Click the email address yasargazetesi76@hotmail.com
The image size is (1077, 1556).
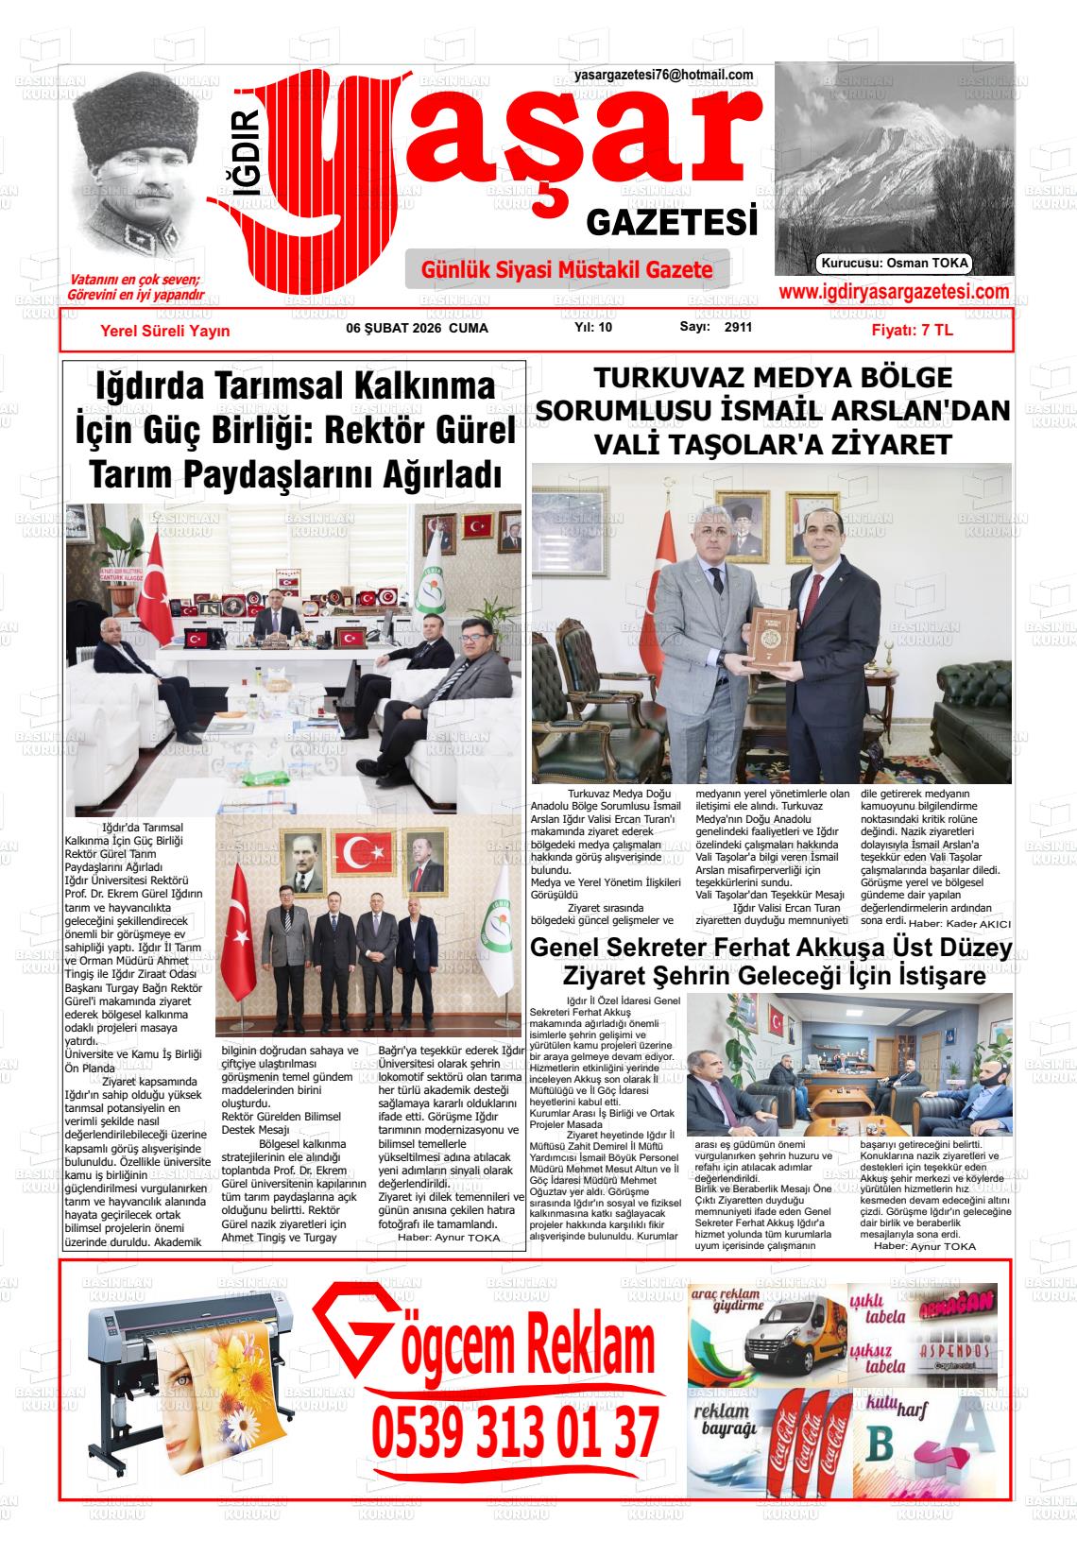(663, 76)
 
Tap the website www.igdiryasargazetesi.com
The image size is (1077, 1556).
(893, 293)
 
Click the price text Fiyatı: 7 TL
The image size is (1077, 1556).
(912, 331)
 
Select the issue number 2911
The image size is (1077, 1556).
(739, 328)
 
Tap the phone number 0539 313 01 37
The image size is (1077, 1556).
(515, 1433)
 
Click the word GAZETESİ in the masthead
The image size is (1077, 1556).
(672, 224)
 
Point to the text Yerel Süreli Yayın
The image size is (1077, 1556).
(165, 331)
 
